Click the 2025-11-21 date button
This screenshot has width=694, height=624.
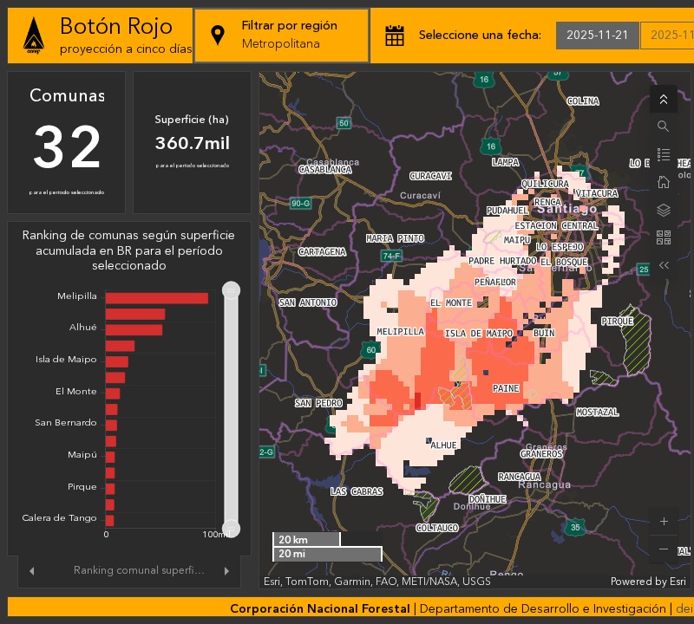click(597, 36)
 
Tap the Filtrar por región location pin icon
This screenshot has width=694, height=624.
click(218, 36)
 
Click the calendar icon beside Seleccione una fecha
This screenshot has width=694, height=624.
click(395, 36)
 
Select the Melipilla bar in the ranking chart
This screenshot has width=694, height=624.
click(157, 298)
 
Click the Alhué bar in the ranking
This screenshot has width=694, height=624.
click(134, 329)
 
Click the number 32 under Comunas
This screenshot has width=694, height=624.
click(67, 147)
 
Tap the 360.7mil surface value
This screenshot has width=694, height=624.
click(192, 143)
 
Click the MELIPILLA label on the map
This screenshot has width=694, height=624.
click(400, 332)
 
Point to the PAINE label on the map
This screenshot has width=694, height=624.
click(506, 389)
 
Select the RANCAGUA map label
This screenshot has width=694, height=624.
click(520, 477)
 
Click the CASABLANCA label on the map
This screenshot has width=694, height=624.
click(325, 170)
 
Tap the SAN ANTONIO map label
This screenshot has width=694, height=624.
click(307, 302)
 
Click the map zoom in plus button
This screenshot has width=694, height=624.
click(664, 522)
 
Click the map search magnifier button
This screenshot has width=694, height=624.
click(664, 127)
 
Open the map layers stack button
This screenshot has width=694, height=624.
click(664, 210)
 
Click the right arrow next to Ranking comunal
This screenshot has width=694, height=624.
click(226, 570)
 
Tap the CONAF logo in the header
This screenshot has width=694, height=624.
click(33, 36)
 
